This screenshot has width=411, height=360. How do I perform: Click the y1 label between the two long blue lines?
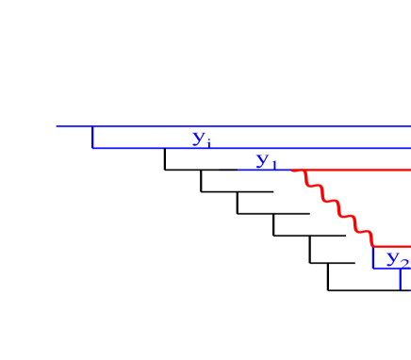tap(202, 139)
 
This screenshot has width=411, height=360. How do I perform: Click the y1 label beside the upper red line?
tap(267, 161)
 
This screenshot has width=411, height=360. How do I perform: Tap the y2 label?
tap(397, 259)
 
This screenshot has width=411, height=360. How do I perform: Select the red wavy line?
tap(336, 208)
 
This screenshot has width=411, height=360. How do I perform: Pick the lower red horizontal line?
tap(392, 247)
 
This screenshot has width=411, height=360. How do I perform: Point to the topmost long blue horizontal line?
tap(236, 126)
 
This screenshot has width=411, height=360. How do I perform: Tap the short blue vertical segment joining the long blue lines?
tap(92, 138)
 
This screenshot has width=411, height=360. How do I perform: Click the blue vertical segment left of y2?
tap(373, 258)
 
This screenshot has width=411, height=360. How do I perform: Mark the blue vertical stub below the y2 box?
tap(401, 279)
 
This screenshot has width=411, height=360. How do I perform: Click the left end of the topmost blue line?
tap(57, 126)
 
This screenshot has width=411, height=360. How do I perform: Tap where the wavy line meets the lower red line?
tap(373, 246)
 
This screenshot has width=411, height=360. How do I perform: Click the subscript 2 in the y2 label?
tap(403, 263)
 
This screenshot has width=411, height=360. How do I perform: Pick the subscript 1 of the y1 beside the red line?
tap(274, 165)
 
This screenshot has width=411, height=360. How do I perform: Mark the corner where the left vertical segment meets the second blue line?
tap(92, 148)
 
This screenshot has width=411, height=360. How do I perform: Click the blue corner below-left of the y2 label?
tap(373, 269)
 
